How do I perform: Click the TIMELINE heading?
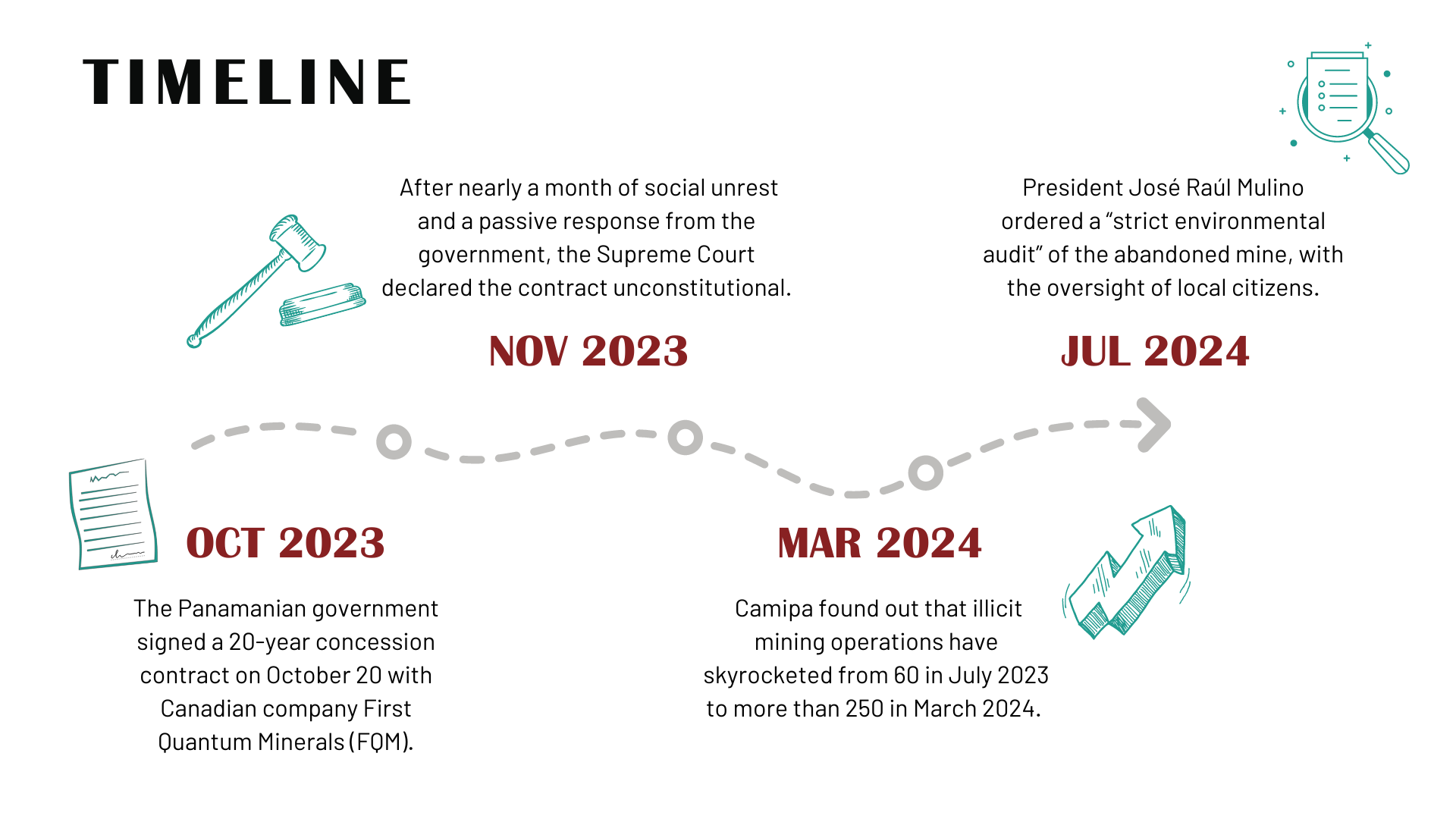(x=246, y=82)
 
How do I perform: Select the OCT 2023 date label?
(x=285, y=543)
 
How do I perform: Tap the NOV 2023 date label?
(x=588, y=351)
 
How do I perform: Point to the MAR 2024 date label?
(x=880, y=543)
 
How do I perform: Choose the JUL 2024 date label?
(x=1154, y=351)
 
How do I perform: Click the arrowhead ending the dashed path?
(x=1155, y=425)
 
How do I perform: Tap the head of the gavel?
(x=299, y=242)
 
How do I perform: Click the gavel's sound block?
(x=322, y=304)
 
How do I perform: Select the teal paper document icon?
(x=113, y=514)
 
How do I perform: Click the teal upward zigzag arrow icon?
(x=1126, y=573)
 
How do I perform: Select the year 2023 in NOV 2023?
(x=635, y=351)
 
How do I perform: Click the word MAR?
(x=820, y=543)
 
